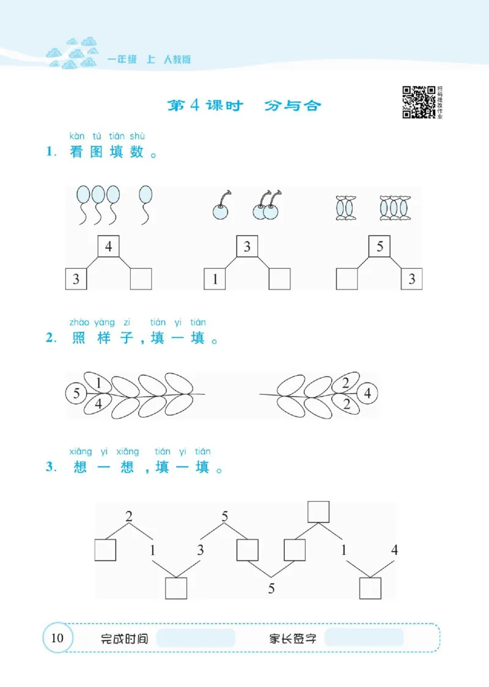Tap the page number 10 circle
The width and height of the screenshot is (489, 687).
click(x=57, y=639)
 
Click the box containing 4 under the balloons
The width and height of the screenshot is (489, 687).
click(x=108, y=248)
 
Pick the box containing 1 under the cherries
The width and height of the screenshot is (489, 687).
click(x=215, y=279)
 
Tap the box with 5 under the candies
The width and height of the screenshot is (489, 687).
click(x=380, y=247)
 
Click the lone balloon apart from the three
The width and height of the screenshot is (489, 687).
click(x=145, y=204)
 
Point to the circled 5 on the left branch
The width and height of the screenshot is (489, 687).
click(x=76, y=393)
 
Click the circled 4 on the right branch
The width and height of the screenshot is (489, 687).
click(x=368, y=393)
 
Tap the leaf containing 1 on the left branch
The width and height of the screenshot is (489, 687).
click(x=98, y=383)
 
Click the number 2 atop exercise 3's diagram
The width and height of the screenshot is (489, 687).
click(x=128, y=516)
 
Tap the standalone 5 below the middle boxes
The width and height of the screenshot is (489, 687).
click(x=271, y=589)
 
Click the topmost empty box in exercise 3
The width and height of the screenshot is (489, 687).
click(x=318, y=512)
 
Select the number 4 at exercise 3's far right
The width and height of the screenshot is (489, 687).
click(x=394, y=549)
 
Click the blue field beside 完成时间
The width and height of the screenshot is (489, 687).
click(x=196, y=639)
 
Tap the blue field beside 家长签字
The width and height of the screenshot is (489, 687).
click(x=364, y=639)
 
